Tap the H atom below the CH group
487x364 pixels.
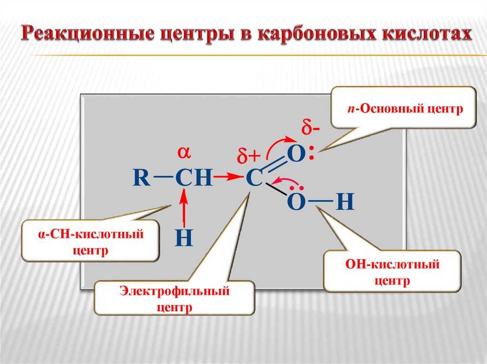pyautogui.click(x=184, y=238)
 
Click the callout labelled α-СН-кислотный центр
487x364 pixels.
pyautogui.click(x=91, y=241)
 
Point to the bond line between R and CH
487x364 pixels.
pyautogui.click(x=163, y=177)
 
